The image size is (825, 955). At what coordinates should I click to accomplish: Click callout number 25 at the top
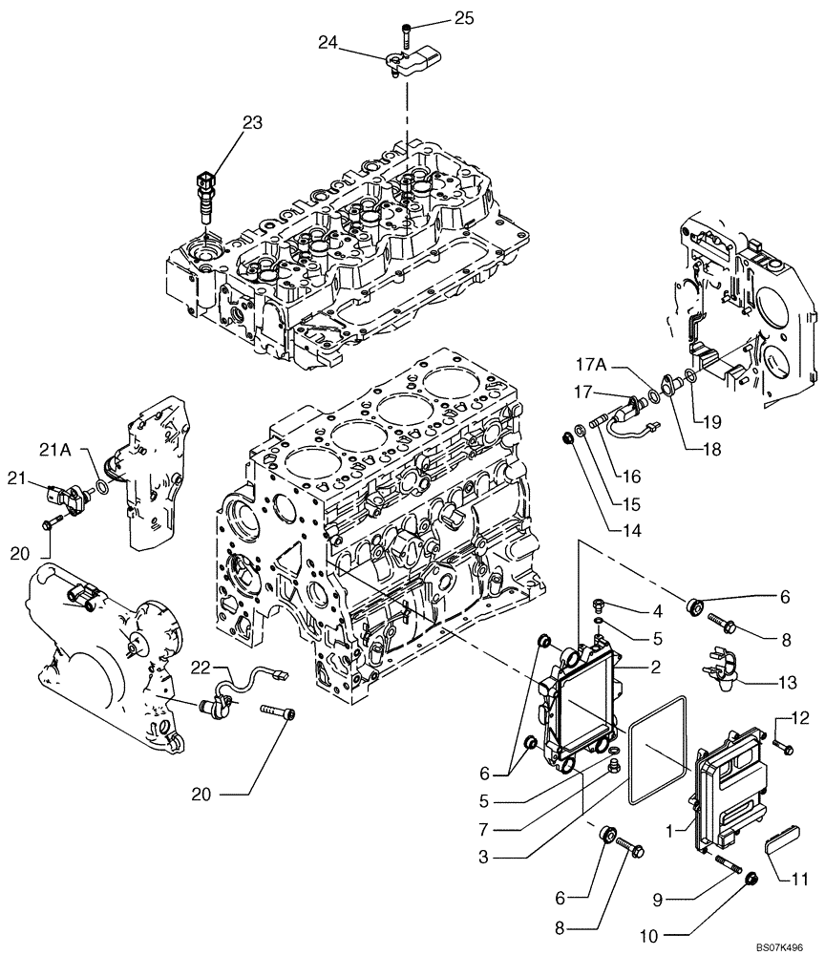(x=463, y=18)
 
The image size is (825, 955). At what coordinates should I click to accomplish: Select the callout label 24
(x=328, y=42)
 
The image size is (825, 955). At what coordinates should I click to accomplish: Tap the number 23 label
(x=251, y=122)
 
